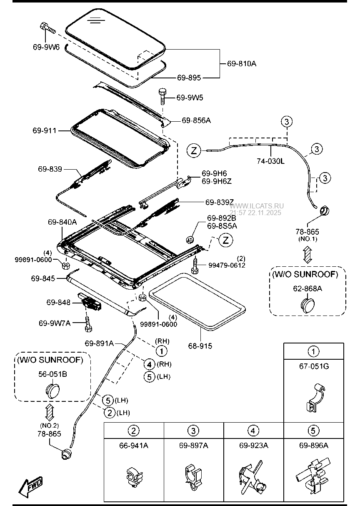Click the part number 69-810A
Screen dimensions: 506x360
pos(242,64)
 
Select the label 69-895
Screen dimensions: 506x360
pos(189,78)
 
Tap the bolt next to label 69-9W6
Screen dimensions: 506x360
pos(47,28)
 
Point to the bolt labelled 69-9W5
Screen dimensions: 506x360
pos(162,97)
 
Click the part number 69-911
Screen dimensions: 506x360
pos(44,130)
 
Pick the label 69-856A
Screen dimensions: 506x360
pos(196,120)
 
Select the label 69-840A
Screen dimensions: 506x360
pos(62,222)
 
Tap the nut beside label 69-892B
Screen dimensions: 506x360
pos(189,240)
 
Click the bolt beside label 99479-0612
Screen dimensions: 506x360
pos(195,266)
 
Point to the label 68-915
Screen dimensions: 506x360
pos(200,346)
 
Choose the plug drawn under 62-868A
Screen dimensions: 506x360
pos(308,303)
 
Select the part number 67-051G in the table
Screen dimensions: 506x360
pos(314,366)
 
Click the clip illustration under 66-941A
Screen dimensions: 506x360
pos(133,477)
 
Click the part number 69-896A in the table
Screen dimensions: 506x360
pos(313,446)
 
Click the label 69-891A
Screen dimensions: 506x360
pos(99,343)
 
